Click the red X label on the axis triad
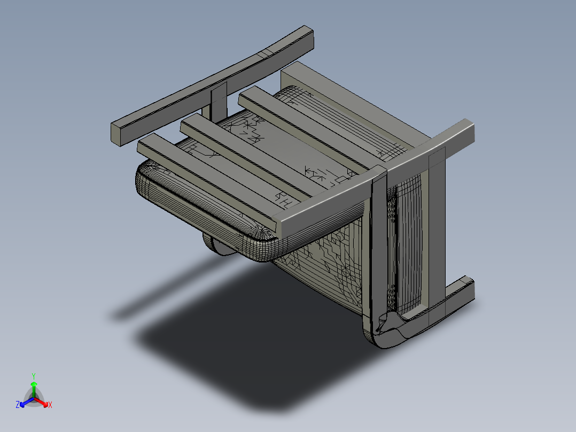pyautogui.click(x=50, y=405)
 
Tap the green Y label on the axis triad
pyautogui.click(x=33, y=375)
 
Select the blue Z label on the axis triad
pyautogui.click(x=18, y=405)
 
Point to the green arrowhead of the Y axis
pyautogui.click(x=34, y=384)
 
